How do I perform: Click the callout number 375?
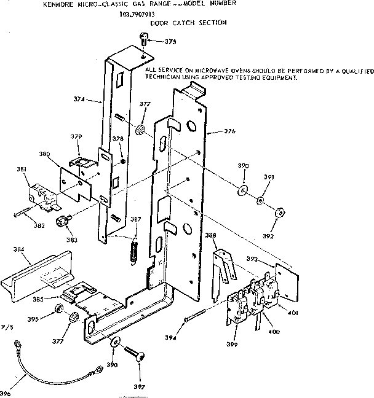click(170, 42)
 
